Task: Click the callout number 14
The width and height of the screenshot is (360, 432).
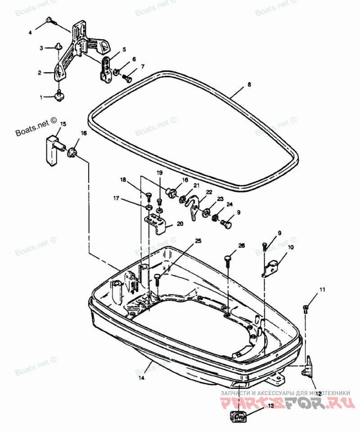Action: pyautogui.click(x=142, y=378)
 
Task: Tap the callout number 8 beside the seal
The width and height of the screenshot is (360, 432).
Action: pyautogui.click(x=249, y=84)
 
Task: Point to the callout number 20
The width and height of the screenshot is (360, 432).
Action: pyautogui.click(x=180, y=223)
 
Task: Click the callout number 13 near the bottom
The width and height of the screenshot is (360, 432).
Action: pyautogui.click(x=270, y=406)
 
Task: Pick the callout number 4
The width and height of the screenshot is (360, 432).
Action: pyautogui.click(x=30, y=33)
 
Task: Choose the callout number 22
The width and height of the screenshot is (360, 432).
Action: pyautogui.click(x=209, y=192)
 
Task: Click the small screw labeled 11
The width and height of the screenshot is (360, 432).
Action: pyautogui.click(x=307, y=308)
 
